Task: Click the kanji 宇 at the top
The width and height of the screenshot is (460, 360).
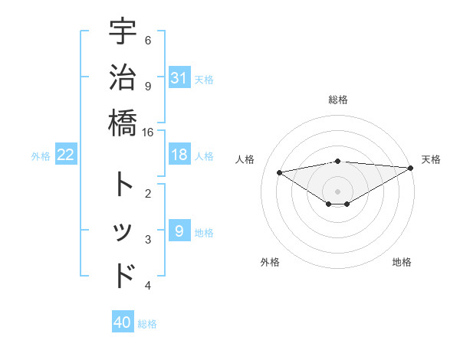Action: [x=123, y=32]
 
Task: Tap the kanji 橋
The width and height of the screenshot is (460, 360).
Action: [x=123, y=122]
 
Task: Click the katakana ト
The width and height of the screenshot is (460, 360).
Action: [x=123, y=185]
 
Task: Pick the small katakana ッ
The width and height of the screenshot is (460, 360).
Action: [x=123, y=231]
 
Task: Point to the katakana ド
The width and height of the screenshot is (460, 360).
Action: [x=123, y=275]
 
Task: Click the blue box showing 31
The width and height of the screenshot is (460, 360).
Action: [x=179, y=78]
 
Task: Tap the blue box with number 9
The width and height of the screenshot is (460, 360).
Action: [x=179, y=231]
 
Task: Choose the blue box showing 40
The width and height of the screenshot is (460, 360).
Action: [x=123, y=322]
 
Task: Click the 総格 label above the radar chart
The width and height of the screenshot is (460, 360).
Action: [x=337, y=100]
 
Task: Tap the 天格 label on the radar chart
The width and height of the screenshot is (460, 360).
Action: [x=431, y=159]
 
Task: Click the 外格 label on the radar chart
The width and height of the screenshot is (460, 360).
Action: [x=269, y=262]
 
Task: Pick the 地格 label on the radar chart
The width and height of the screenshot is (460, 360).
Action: [x=402, y=262]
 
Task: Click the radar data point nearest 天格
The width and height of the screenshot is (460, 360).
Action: [x=411, y=168]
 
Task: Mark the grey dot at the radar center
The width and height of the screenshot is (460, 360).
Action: [x=337, y=191]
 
